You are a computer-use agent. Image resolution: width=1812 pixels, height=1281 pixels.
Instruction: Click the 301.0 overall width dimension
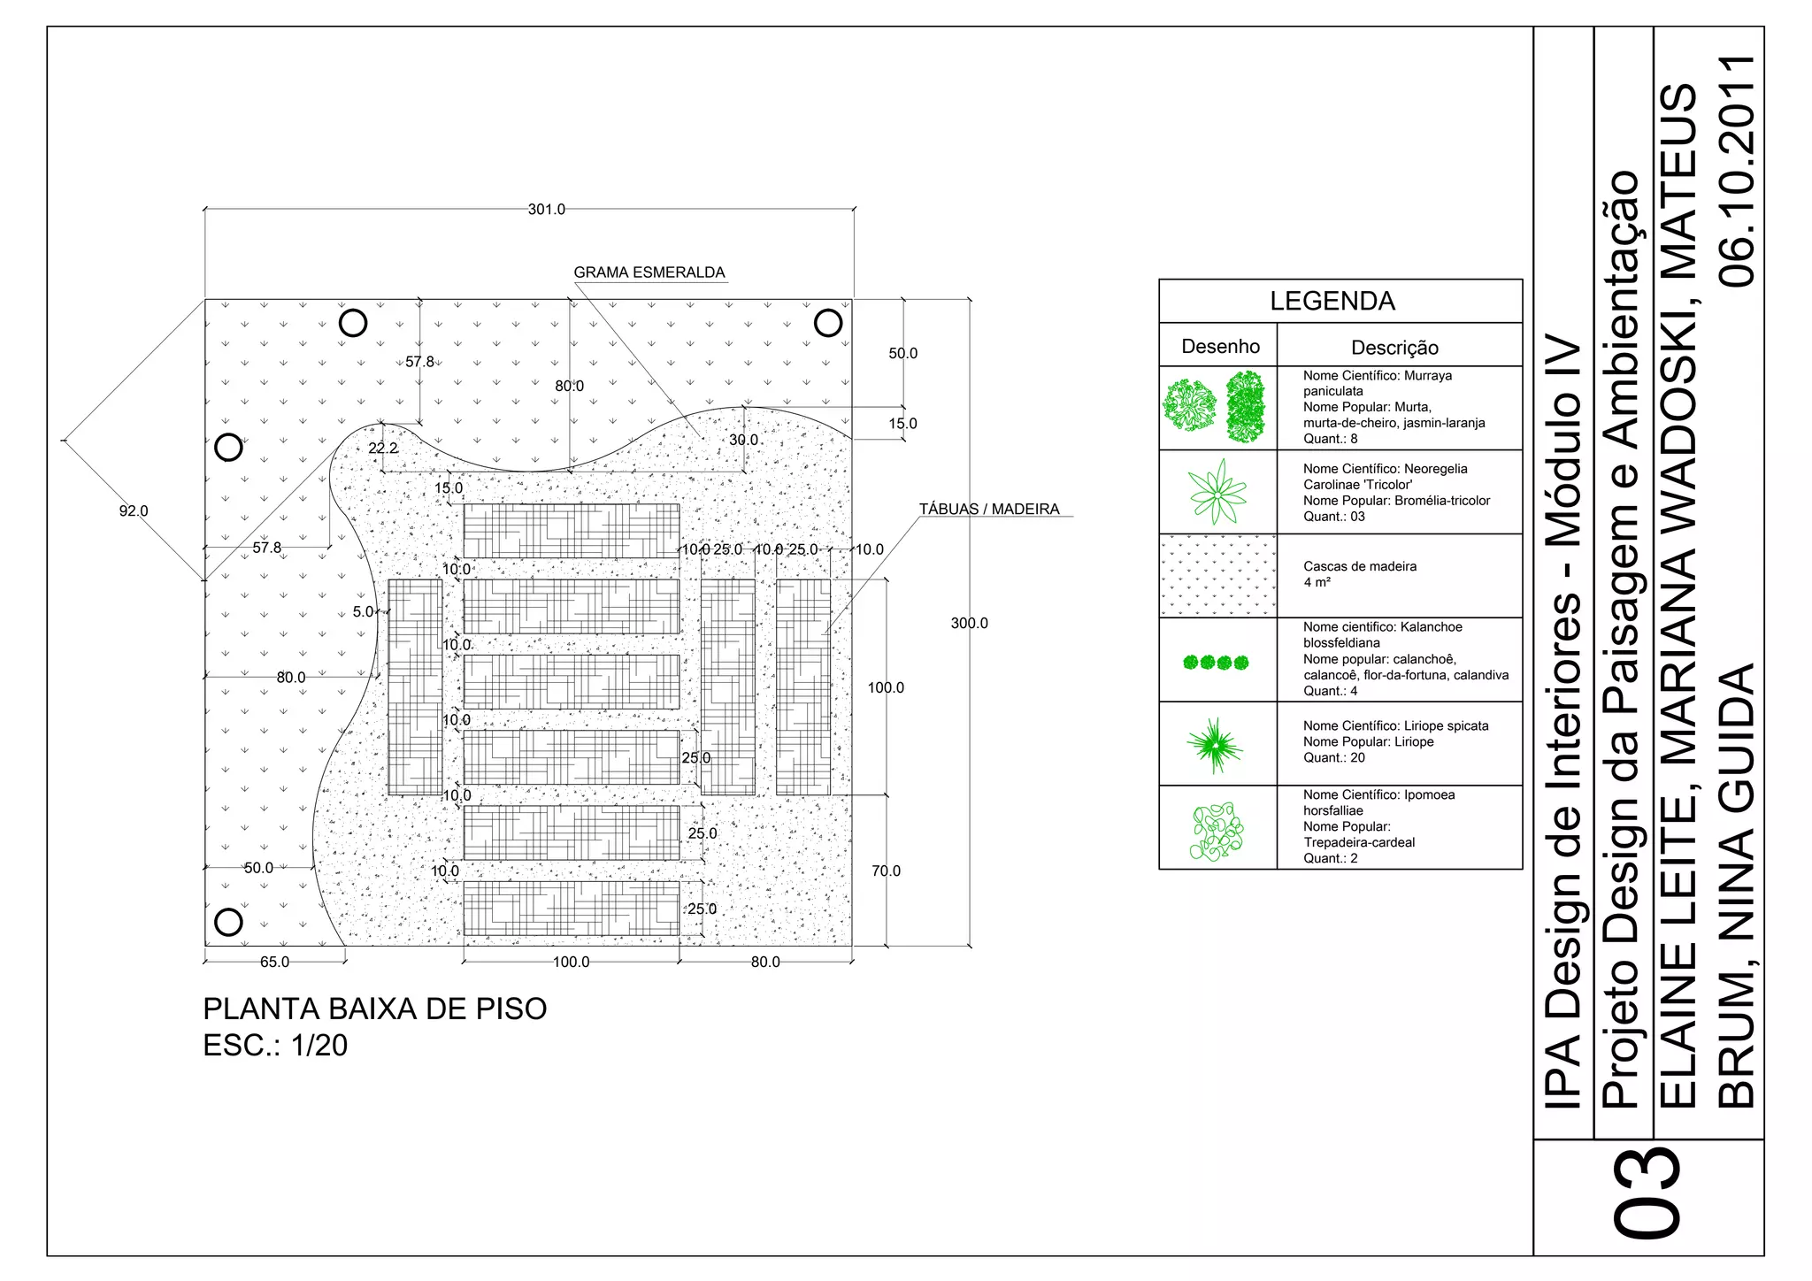pyautogui.click(x=546, y=210)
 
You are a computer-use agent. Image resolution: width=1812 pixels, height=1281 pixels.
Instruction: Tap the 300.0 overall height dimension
pyautogui.click(x=969, y=623)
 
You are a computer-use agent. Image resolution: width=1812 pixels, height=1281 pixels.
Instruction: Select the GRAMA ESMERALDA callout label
pyautogui.click(x=649, y=272)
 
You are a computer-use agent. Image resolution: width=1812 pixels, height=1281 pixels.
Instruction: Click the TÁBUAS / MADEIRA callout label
pyautogui.click(x=988, y=509)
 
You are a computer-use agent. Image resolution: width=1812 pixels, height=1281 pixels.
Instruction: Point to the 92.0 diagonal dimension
pyautogui.click(x=134, y=510)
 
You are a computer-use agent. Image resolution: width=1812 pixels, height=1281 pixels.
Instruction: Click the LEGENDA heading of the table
pyautogui.click(x=1332, y=302)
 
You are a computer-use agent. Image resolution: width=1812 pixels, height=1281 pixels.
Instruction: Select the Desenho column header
pyautogui.click(x=1220, y=347)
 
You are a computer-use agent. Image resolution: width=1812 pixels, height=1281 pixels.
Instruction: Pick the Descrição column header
pyautogui.click(x=1394, y=348)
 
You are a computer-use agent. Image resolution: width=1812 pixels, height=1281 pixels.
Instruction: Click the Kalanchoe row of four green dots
pyautogui.click(x=1216, y=662)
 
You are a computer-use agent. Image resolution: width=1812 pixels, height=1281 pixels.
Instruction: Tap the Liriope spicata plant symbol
pyautogui.click(x=1215, y=745)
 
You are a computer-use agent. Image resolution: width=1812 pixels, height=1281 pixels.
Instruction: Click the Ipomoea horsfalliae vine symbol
pyautogui.click(x=1217, y=832)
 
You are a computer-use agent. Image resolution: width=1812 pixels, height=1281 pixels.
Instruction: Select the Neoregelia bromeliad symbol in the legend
pyautogui.click(x=1217, y=492)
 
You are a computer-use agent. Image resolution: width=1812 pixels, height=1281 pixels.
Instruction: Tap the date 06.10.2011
pyautogui.click(x=1737, y=171)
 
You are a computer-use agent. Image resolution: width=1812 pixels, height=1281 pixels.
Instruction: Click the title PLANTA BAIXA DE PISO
pyautogui.click(x=375, y=1009)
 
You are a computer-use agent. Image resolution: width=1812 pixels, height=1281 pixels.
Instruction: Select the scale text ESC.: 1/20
pyautogui.click(x=275, y=1046)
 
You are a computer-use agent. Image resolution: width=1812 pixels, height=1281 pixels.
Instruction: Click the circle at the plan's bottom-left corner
pyautogui.click(x=228, y=922)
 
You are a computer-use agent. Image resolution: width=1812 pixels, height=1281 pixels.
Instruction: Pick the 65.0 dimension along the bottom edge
pyautogui.click(x=274, y=962)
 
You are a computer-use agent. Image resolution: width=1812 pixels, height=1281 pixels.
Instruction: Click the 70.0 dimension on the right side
pyautogui.click(x=885, y=871)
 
